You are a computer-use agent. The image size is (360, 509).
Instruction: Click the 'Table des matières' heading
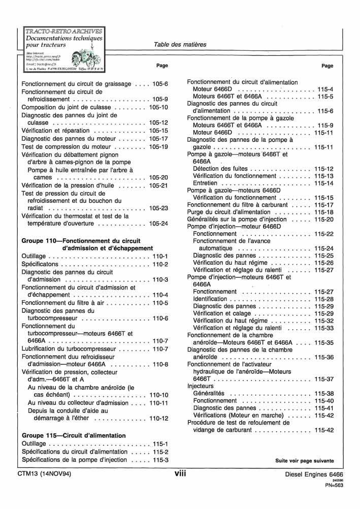(x=180, y=45)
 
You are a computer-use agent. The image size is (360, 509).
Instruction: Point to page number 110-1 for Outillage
(x=160, y=256)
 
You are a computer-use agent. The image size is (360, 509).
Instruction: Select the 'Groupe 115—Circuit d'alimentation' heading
(x=74, y=436)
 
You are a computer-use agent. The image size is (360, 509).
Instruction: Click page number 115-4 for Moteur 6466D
(x=325, y=89)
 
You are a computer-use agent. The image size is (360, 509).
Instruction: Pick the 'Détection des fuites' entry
(x=220, y=169)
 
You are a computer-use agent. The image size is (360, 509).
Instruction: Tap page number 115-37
(x=323, y=379)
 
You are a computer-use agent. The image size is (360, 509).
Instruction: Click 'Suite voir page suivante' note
(x=305, y=461)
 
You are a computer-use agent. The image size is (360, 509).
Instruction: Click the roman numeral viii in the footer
(x=180, y=473)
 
